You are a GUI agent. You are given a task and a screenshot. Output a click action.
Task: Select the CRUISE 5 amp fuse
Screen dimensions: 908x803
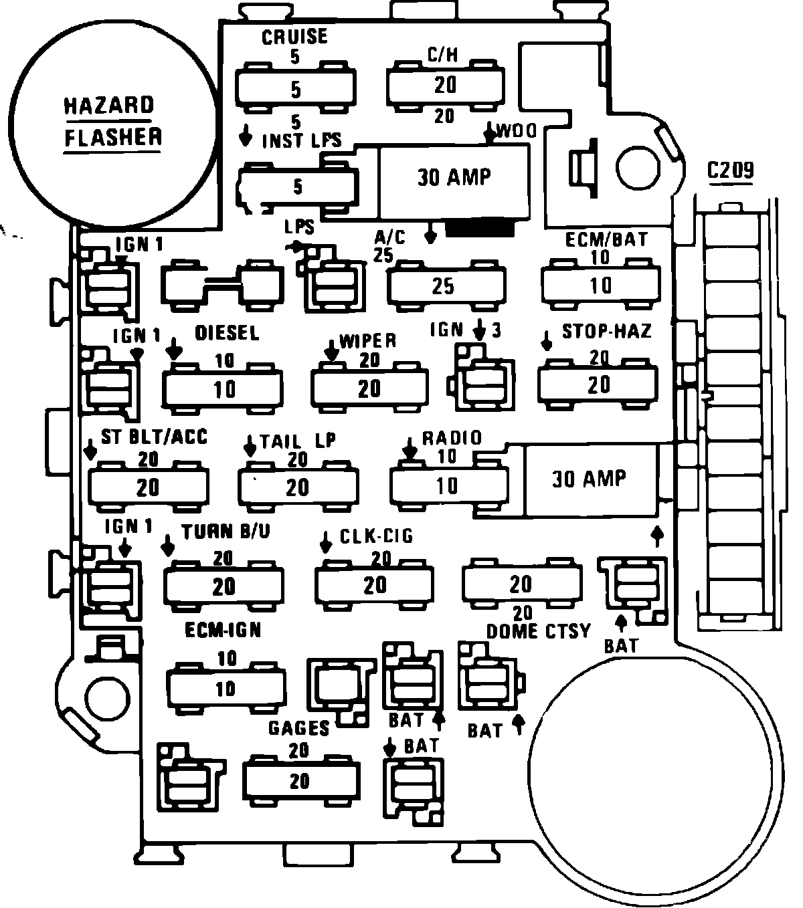(x=296, y=88)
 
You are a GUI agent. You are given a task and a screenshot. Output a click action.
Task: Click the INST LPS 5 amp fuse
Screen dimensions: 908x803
(x=298, y=186)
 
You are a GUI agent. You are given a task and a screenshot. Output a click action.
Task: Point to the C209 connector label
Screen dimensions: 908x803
(x=731, y=171)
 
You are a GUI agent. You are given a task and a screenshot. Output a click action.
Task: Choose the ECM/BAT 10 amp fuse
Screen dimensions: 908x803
(x=600, y=286)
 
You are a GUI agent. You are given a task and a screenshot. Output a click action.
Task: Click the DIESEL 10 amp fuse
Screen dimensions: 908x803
(x=224, y=388)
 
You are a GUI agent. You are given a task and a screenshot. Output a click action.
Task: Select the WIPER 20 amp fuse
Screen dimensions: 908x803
(x=369, y=388)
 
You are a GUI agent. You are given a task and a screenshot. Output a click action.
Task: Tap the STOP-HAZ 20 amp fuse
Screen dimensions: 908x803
(x=598, y=384)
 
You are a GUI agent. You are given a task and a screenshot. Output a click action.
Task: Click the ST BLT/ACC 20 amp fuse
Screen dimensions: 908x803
(x=148, y=487)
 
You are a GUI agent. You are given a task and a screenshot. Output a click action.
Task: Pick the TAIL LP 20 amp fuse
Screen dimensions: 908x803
(x=298, y=487)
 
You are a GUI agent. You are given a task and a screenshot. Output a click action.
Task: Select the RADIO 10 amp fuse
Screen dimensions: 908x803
(x=448, y=486)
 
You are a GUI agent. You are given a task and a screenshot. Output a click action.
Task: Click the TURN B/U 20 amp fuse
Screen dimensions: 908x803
(x=224, y=586)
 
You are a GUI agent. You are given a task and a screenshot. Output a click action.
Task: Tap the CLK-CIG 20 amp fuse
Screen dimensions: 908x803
(x=375, y=584)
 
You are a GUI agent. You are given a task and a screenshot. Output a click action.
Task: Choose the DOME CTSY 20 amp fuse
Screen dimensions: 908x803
(x=521, y=584)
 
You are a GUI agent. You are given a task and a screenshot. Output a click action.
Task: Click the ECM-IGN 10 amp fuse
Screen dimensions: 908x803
(x=226, y=688)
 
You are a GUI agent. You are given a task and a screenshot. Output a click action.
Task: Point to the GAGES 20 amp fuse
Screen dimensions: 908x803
(x=300, y=780)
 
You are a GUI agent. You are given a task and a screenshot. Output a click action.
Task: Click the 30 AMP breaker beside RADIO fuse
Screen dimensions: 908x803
(x=590, y=479)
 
